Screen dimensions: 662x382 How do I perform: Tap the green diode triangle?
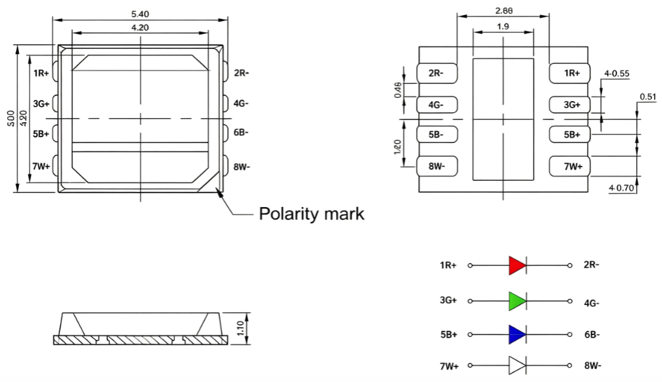coord(517,301)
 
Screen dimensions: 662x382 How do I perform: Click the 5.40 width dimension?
coord(140,14)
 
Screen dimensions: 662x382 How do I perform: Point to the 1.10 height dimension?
coord(240,328)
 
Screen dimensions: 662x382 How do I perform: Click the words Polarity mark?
coord(312,214)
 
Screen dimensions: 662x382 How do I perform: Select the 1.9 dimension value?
coord(503,26)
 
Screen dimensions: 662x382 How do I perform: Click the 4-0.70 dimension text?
coord(622,187)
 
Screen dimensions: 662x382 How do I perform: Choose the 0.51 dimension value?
coord(648,97)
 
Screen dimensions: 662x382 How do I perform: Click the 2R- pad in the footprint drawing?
coord(437,73)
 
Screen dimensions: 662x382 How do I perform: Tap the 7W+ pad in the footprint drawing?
coord(569,166)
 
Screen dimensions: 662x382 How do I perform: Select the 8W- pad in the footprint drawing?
coord(437,166)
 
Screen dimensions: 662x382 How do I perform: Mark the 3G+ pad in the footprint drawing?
coord(569,104)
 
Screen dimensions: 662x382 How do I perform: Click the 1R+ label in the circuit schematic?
coord(448,265)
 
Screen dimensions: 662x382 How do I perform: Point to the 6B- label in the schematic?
coord(592,335)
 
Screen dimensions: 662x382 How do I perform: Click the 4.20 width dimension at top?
coord(140,27)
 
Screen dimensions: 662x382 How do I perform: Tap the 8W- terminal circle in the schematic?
coord(569,366)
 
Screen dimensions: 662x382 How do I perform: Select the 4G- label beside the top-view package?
coord(241,103)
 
